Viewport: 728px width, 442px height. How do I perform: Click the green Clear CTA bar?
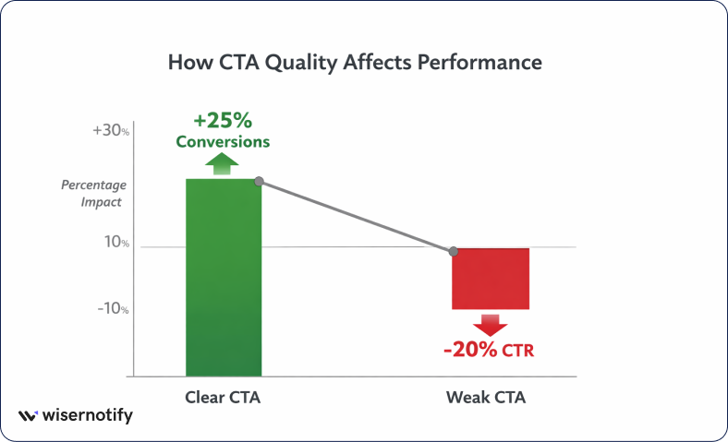click(x=224, y=277)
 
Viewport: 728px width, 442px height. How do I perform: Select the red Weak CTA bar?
click(x=490, y=279)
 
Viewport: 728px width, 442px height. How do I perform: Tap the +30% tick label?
click(x=111, y=131)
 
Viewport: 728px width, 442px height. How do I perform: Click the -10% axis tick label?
click(x=113, y=309)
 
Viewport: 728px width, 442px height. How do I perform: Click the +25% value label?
click(x=222, y=121)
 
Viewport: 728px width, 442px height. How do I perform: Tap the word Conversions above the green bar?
click(x=224, y=142)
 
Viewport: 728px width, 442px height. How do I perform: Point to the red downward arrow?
click(x=490, y=324)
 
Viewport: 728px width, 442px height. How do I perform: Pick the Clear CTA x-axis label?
click(x=224, y=398)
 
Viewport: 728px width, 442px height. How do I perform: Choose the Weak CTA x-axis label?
click(x=486, y=398)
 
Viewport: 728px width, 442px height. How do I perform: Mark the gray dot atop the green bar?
click(x=260, y=181)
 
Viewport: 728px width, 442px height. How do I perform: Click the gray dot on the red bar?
click(x=453, y=251)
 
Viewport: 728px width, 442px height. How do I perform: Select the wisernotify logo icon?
click(x=29, y=416)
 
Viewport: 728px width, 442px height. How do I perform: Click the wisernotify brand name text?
click(x=88, y=416)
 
